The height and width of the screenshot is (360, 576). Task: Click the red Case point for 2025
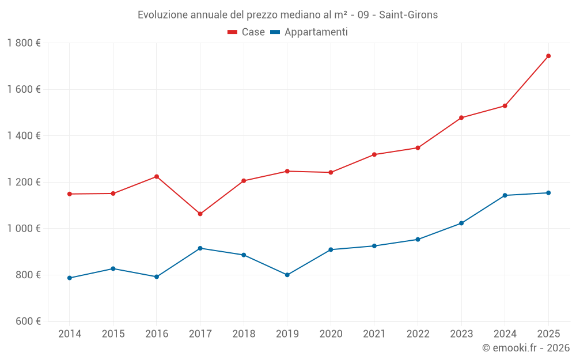pyautogui.click(x=548, y=56)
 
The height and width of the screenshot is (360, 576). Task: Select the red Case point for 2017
pyautogui.click(x=200, y=214)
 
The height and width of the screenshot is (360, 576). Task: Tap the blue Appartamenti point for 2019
pyautogui.click(x=287, y=275)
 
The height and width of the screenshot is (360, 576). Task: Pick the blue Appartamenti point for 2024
pyautogui.click(x=505, y=195)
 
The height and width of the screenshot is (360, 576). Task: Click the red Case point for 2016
pyautogui.click(x=157, y=176)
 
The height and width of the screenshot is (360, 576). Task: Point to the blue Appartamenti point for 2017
pyautogui.click(x=200, y=248)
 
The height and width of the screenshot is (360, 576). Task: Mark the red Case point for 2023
pyautogui.click(x=461, y=118)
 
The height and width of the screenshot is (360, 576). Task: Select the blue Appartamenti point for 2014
pyautogui.click(x=70, y=278)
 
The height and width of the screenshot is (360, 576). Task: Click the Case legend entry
pyautogui.click(x=247, y=32)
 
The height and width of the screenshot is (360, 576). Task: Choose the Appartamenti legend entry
pyautogui.click(x=309, y=32)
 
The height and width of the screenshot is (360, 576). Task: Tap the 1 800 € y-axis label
pyautogui.click(x=24, y=43)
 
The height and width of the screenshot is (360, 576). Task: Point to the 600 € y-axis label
pyautogui.click(x=26, y=321)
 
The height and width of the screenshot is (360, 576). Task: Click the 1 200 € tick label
pyautogui.click(x=24, y=182)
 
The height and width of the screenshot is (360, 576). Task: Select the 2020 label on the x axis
pyautogui.click(x=331, y=334)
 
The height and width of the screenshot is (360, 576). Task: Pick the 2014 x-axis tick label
pyautogui.click(x=70, y=334)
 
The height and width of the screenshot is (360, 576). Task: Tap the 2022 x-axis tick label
pyautogui.click(x=418, y=334)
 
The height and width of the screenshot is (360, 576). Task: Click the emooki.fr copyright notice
pyautogui.click(x=525, y=348)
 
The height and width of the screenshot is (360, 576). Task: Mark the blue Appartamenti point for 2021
pyautogui.click(x=374, y=246)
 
